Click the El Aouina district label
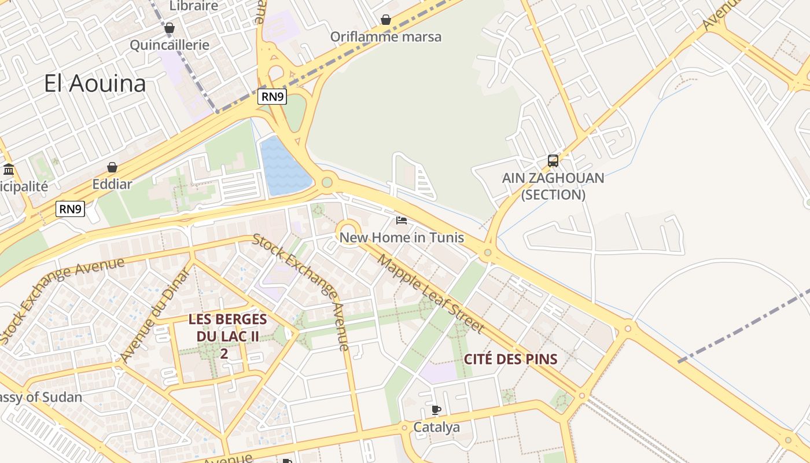pos(95,84)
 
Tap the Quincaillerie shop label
pos(169,45)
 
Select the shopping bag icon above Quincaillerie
pos(170,28)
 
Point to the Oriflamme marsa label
pos(385,36)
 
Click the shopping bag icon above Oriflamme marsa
pos(386,20)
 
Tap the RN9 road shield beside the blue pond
pos(273,97)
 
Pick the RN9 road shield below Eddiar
pos(71,209)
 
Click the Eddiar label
pos(112,185)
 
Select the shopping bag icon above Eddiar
pos(112,167)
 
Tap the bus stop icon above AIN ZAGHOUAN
pos(553,161)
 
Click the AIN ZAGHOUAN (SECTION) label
pos(553,186)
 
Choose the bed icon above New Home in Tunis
pos(402,221)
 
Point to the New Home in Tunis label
pos(402,237)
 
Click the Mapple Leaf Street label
pos(430,293)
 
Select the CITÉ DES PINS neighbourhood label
pos(510,359)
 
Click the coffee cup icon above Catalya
pos(436,410)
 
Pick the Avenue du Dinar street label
pos(156,316)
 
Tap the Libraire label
pos(194,6)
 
